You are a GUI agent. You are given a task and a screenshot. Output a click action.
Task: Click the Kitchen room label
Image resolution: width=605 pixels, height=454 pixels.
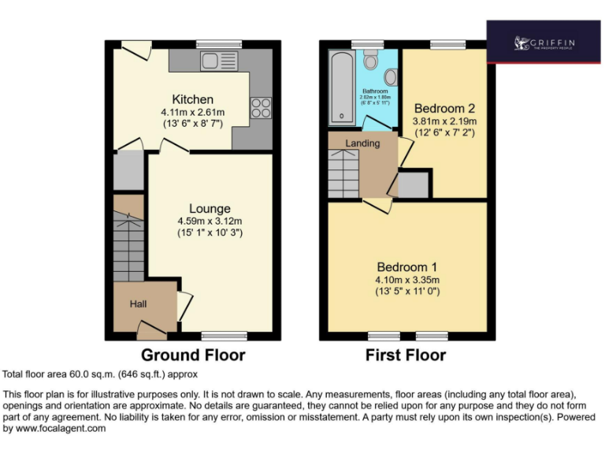193,99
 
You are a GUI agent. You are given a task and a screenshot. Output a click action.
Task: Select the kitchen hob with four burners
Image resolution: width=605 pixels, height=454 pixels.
261,107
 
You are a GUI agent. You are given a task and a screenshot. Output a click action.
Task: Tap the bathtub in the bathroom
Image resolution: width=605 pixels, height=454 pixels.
342,87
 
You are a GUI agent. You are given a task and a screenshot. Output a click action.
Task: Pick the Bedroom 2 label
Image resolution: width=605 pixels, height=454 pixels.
445,108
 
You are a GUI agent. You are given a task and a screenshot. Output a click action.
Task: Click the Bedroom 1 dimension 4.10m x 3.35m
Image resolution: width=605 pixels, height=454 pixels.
407,280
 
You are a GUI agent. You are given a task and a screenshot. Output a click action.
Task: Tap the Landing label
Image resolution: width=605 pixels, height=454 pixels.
362,143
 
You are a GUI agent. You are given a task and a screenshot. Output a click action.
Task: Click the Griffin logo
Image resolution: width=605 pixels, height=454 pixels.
544,42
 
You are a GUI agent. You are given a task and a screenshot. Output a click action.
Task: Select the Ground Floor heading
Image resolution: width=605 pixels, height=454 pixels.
193,355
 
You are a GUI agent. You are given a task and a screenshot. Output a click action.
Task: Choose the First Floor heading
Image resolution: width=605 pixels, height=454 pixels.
406,355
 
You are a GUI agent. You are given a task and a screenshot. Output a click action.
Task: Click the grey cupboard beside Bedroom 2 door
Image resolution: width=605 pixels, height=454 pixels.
414,185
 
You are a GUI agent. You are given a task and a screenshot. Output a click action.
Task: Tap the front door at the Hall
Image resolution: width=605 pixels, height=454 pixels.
150,330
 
